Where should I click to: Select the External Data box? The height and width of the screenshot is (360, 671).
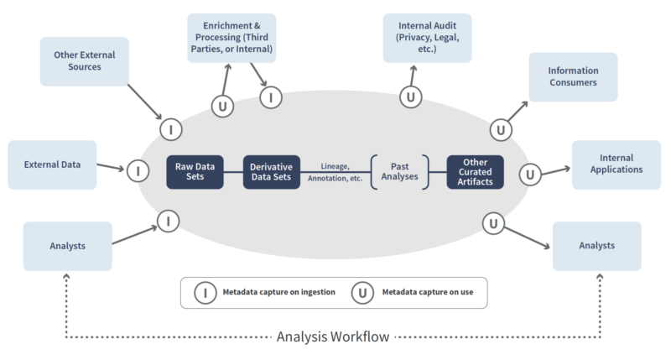52,164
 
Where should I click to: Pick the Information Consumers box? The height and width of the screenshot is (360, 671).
573,77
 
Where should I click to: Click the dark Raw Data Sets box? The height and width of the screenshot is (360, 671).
195,172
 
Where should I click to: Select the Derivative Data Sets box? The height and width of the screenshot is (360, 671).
272,172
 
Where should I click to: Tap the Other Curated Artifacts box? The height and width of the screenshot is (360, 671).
475,172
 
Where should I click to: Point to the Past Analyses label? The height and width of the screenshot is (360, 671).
400,171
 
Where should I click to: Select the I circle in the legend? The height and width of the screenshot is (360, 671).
205,292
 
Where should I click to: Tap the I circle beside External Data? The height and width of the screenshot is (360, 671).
138,171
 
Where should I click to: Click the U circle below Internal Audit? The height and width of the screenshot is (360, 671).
410,97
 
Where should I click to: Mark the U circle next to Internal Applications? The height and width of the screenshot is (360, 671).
530,175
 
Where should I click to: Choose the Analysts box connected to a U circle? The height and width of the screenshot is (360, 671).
596,246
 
